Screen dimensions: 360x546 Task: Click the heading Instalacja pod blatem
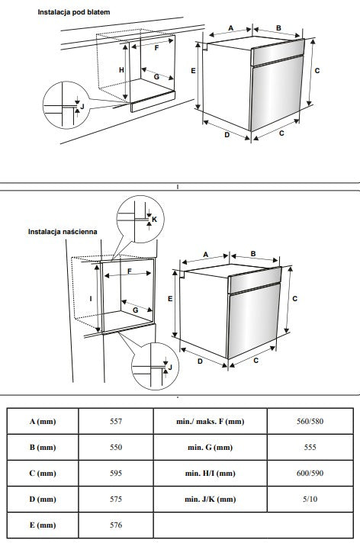(74, 12)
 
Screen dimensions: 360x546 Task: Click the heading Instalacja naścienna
(63, 232)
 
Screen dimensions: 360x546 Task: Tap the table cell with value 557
(116, 422)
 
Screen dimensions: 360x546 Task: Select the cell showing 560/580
(310, 422)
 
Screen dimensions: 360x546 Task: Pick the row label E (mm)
(43, 525)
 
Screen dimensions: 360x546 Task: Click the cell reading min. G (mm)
(210, 447)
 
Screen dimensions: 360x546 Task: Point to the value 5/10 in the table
(310, 499)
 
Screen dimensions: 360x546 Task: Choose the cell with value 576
(116, 525)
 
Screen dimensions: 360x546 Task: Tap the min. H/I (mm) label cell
(210, 474)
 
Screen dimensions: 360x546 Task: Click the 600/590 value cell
(310, 474)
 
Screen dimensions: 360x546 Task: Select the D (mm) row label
(43, 499)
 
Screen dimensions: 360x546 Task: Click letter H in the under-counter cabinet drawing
(121, 70)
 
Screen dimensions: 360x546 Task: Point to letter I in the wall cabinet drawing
(91, 299)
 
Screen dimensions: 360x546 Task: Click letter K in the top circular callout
(155, 220)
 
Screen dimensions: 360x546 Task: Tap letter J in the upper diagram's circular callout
(82, 106)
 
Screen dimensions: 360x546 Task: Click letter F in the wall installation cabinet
(129, 271)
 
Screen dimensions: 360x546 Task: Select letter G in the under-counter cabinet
(156, 76)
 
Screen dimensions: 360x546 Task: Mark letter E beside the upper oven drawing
(193, 71)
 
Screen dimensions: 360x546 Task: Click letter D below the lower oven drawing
(200, 361)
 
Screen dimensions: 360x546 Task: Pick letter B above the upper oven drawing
(278, 28)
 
